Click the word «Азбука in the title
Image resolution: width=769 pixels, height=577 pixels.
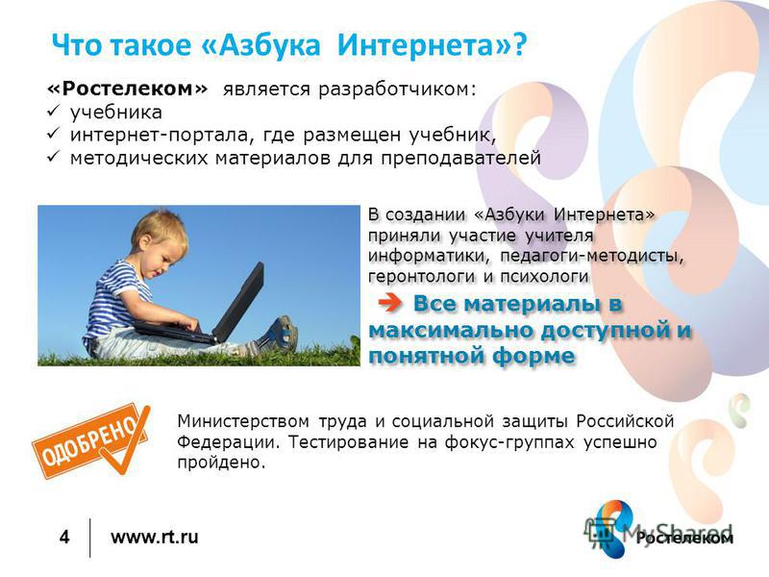click(260, 45)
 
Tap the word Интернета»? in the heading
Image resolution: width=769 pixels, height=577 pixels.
click(432, 45)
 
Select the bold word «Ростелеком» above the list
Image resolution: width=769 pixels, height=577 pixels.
click(128, 88)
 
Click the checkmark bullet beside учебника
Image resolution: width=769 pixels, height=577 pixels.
click(53, 112)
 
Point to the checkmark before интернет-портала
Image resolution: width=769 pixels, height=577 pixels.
click(53, 134)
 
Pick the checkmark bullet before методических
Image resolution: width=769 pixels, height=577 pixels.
click(53, 157)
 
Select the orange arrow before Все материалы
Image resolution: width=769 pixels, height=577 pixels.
click(390, 303)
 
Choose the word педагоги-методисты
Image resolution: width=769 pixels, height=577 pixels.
click(591, 256)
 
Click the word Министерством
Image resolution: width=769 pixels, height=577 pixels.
click(243, 421)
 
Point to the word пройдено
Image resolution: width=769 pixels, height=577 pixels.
click(221, 463)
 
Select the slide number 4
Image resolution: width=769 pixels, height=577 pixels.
click(64, 537)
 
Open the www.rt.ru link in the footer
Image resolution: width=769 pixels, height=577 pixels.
click(155, 537)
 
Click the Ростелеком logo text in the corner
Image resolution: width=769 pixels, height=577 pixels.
click(684, 539)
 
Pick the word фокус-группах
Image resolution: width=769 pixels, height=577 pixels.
click(509, 442)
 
